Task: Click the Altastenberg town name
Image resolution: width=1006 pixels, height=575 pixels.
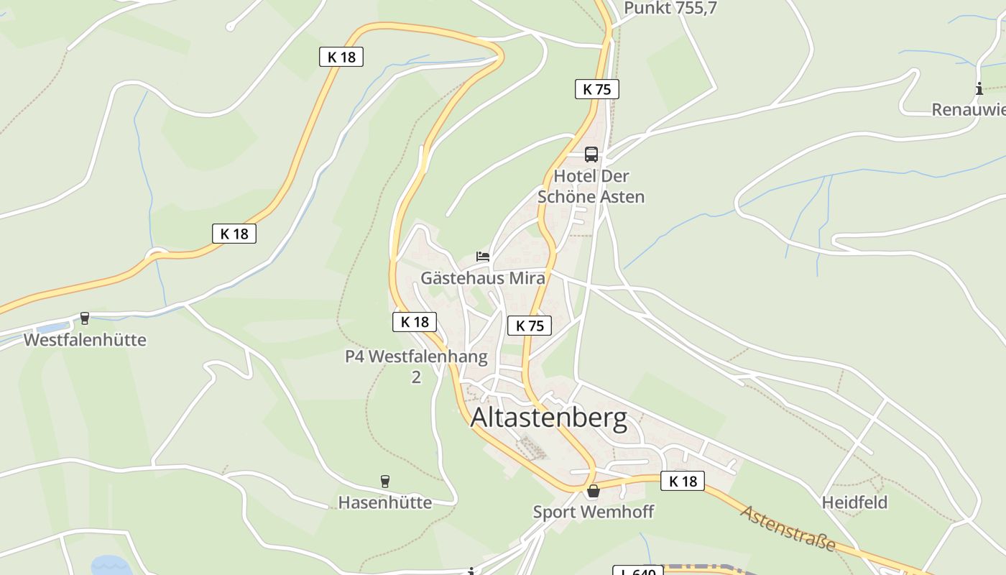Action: (x=548, y=418)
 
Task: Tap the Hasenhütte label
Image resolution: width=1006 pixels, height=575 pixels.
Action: (x=384, y=502)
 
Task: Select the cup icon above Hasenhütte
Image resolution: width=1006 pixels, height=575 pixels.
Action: (x=384, y=481)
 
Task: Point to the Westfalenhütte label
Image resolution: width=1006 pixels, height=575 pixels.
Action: (x=85, y=340)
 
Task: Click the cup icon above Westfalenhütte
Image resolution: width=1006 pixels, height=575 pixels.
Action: (x=85, y=318)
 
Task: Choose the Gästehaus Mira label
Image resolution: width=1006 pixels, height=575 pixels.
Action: (x=482, y=278)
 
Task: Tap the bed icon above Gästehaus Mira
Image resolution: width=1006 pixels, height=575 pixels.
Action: (x=483, y=257)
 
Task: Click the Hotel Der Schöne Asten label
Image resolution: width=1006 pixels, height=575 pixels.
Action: (x=591, y=186)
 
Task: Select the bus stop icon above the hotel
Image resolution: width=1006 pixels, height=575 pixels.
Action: (x=591, y=154)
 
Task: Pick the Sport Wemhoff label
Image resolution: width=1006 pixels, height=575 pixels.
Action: (x=593, y=512)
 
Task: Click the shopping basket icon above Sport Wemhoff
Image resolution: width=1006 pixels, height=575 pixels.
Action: (x=593, y=492)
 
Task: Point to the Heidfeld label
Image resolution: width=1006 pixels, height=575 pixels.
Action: (x=854, y=502)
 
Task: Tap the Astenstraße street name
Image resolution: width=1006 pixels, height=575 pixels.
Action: (x=788, y=528)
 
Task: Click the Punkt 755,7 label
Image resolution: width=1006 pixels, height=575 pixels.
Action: (x=670, y=8)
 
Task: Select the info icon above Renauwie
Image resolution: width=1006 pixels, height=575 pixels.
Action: (x=979, y=89)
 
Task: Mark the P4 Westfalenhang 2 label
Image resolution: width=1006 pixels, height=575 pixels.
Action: (x=416, y=366)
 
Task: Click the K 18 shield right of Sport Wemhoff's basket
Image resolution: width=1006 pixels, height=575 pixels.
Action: (x=682, y=481)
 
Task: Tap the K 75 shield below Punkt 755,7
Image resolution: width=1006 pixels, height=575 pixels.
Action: (x=596, y=89)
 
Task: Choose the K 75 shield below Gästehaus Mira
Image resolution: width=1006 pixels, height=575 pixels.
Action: (x=530, y=326)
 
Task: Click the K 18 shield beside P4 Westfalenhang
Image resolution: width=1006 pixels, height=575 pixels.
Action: (x=415, y=321)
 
